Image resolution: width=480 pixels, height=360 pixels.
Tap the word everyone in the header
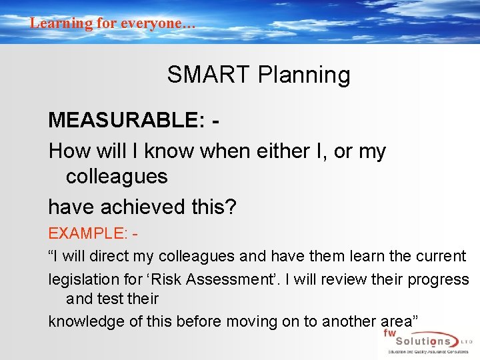(x=157, y=23)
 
